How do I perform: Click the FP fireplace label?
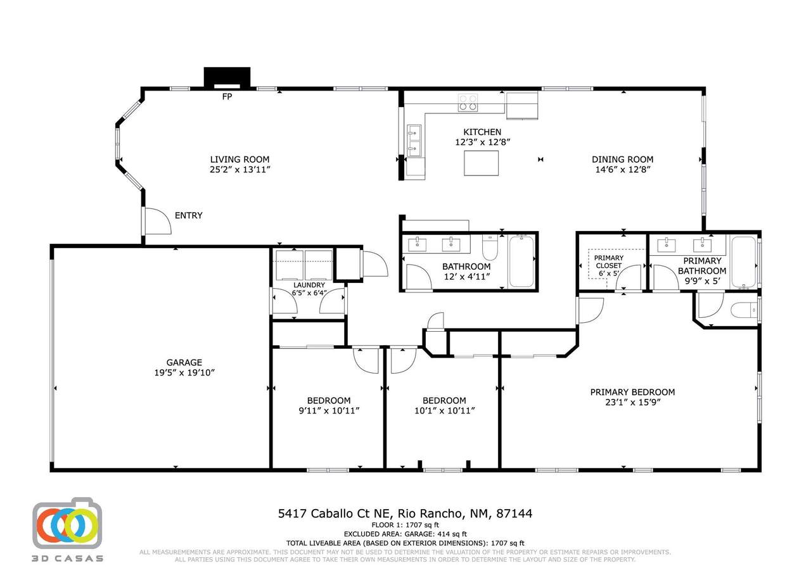pyautogui.click(x=227, y=97)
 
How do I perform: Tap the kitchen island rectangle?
pyautogui.click(x=481, y=163)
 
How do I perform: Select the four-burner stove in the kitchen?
pyautogui.click(x=468, y=103)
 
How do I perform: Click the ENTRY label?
pyautogui.click(x=189, y=216)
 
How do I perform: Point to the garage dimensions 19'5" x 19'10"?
pyautogui.click(x=184, y=373)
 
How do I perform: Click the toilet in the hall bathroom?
pyautogui.click(x=490, y=248)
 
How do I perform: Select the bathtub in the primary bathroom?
pyautogui.click(x=744, y=262)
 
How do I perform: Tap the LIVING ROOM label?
pyautogui.click(x=239, y=160)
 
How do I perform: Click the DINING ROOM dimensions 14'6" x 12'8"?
pyautogui.click(x=623, y=170)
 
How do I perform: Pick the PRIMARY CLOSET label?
pyautogui.click(x=609, y=262)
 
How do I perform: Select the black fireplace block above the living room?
pyautogui.click(x=227, y=77)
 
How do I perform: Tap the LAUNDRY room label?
pyautogui.click(x=309, y=285)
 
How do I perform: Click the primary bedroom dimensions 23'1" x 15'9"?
pyautogui.click(x=633, y=403)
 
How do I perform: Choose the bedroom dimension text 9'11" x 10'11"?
pyautogui.click(x=329, y=411)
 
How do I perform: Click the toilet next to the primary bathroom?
pyautogui.click(x=743, y=310)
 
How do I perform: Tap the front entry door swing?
pyautogui.click(x=158, y=221)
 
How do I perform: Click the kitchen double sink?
pyautogui.click(x=414, y=141)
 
